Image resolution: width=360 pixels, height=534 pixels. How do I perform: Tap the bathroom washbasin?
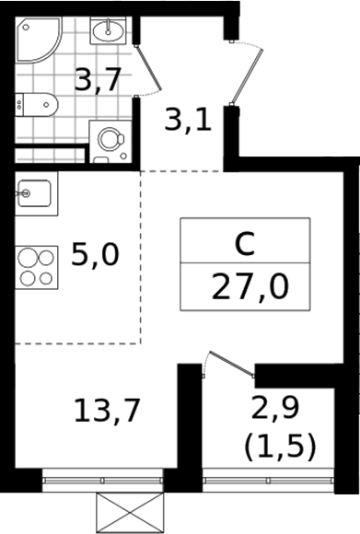108,30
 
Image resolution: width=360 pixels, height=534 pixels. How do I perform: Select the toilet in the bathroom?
37,104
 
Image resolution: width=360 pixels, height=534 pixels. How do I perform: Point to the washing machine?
110,142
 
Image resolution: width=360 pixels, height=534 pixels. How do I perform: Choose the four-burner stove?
37,267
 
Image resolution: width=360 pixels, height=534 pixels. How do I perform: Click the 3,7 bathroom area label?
98,81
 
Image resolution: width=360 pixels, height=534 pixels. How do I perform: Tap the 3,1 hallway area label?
188,120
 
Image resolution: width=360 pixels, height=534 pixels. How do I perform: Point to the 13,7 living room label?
107,411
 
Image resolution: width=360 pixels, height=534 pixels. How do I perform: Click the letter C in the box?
245,244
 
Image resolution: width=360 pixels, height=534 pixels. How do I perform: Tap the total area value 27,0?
250,286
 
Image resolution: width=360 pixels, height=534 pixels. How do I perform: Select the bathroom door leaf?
148,68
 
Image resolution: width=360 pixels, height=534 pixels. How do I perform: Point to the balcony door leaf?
232,364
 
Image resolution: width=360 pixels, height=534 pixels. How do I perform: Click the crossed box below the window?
131,513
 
